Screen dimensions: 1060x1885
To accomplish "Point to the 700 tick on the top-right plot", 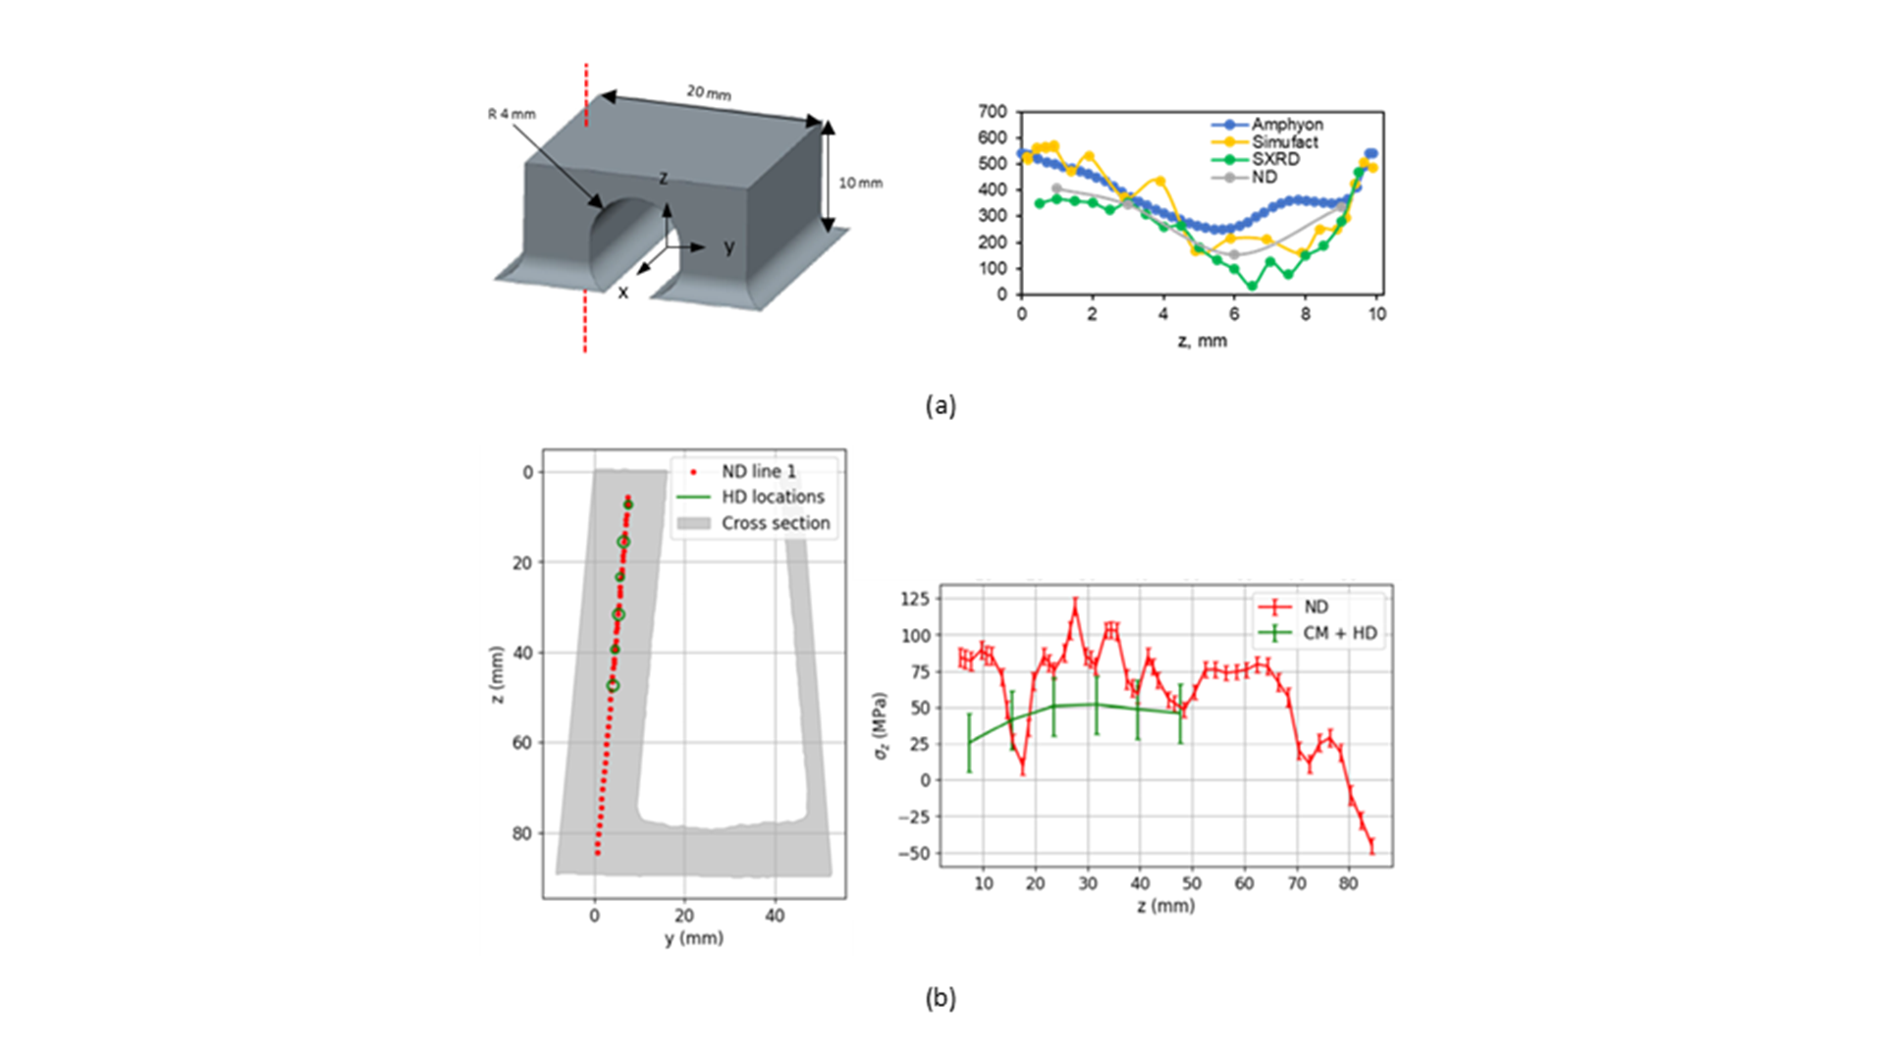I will pos(993,112).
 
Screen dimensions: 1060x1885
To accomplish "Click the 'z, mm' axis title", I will pos(1202,341).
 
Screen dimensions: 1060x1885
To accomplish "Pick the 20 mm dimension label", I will pos(709,92).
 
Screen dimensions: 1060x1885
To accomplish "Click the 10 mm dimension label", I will pos(860,183).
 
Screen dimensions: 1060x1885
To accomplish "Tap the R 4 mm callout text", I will pos(512,114).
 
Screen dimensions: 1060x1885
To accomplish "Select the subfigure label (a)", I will pos(941,405).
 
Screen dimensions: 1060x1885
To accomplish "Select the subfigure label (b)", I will pos(941,998).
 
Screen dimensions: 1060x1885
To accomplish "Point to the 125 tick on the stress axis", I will pos(915,599).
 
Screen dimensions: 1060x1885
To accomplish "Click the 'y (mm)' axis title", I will pos(693,938).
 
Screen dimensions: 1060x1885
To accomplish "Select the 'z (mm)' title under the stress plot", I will pos(1165,906).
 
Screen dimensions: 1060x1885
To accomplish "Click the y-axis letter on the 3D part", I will pos(729,247).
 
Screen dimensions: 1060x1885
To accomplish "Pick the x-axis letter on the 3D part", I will pos(622,292).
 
